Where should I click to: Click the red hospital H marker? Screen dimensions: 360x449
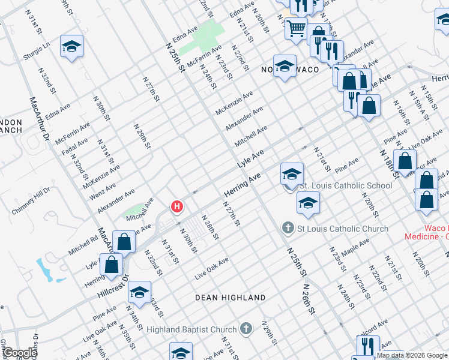[176, 207]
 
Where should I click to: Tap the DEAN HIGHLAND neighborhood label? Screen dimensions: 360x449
[231, 298]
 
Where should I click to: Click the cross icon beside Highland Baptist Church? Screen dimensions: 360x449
[246, 329]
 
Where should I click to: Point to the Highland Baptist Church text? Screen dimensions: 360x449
[192, 329]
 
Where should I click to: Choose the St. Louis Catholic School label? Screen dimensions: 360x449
[346, 185]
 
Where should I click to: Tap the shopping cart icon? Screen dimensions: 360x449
[296, 28]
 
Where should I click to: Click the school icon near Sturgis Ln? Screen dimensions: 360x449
[71, 47]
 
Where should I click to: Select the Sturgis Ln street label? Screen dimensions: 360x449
[37, 49]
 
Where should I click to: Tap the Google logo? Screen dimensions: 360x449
[19, 353]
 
